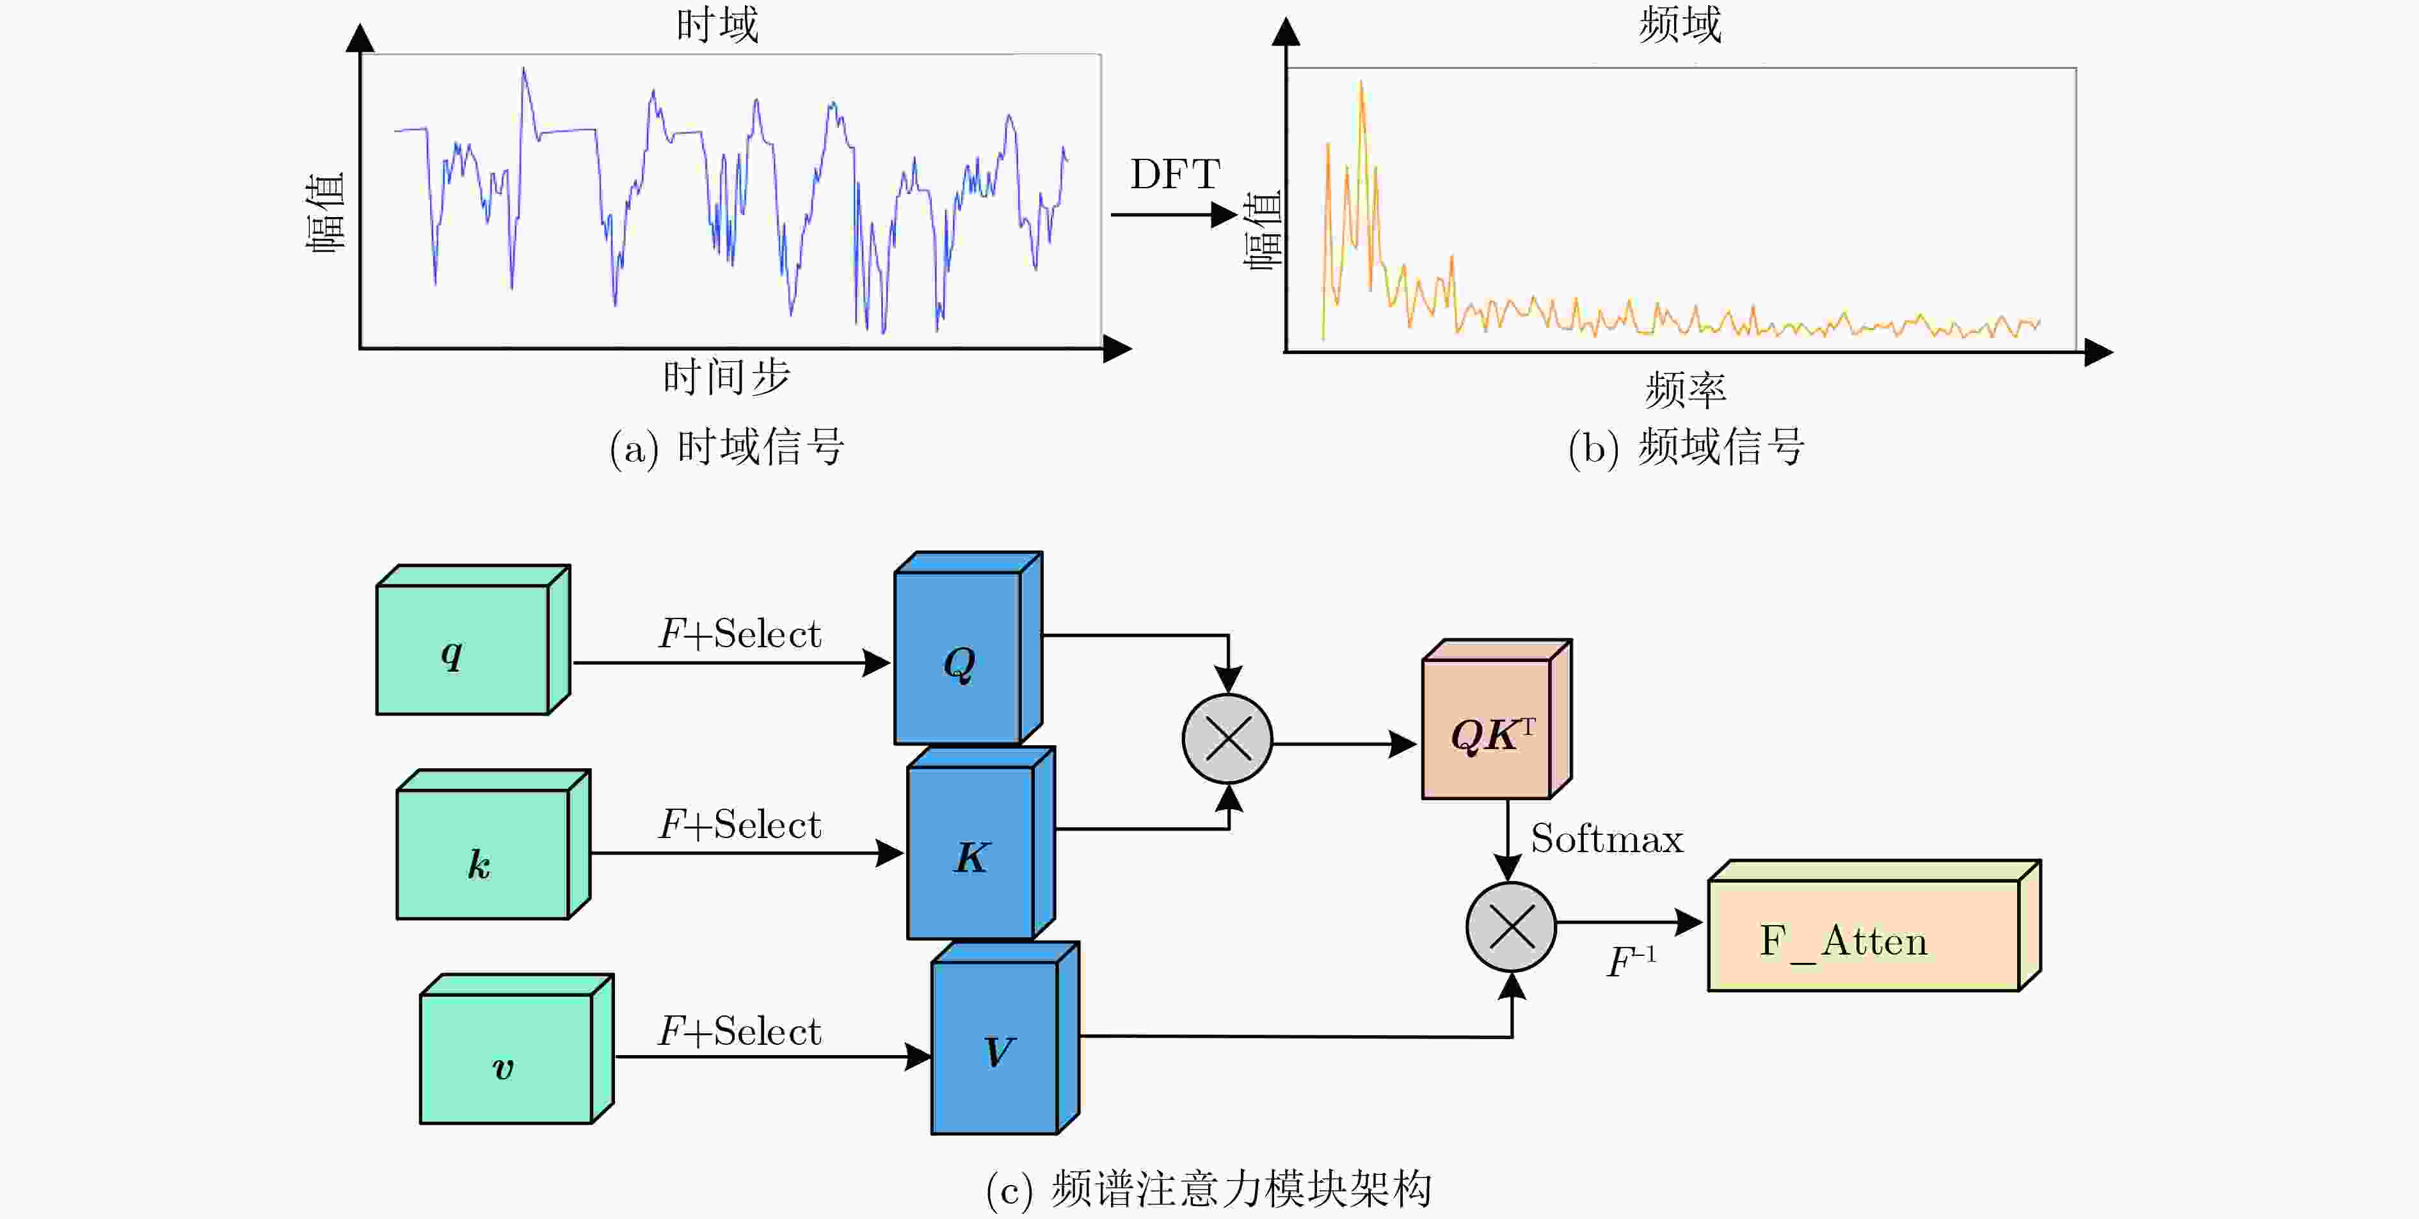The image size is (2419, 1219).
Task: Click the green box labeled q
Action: (463, 650)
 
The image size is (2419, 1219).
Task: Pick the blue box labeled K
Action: (971, 853)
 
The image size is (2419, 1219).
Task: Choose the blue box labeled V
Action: (995, 1048)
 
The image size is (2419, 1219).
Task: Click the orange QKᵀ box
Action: (1487, 729)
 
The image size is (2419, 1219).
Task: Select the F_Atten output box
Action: (1863, 935)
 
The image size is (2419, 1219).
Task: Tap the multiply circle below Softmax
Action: (1511, 927)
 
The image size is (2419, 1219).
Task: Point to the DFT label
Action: (1175, 175)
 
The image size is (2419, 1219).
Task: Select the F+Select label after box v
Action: (740, 1031)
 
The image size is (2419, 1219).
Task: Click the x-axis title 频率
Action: (1686, 389)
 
